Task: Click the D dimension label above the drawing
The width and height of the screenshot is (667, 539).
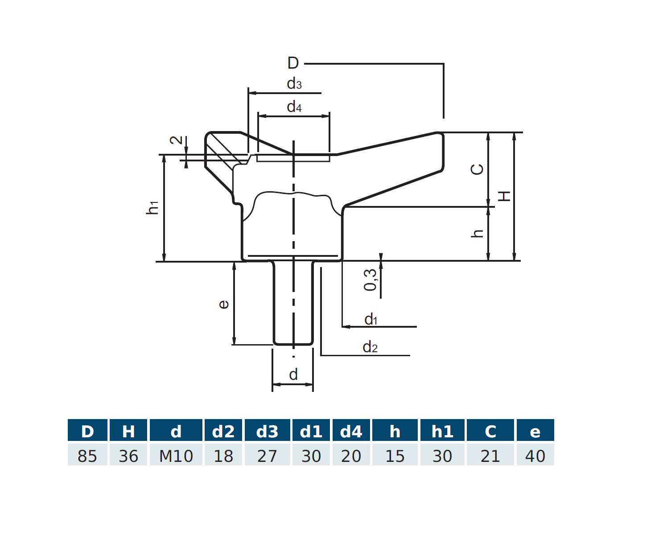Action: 293,63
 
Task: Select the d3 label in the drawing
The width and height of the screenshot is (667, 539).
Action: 294,83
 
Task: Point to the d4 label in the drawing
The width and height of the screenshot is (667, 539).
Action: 294,107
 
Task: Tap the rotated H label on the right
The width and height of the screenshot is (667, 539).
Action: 504,196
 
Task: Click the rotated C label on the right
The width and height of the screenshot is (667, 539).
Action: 477,169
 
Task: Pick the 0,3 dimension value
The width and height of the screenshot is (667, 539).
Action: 370,280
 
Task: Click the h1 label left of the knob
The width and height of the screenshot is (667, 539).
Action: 152,207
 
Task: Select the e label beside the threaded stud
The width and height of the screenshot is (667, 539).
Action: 223,304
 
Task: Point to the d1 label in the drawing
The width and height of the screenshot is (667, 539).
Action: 371,319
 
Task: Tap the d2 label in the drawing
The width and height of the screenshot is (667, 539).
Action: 370,347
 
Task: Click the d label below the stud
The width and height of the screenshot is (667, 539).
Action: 293,374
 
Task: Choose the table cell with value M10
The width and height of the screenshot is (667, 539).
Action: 176,456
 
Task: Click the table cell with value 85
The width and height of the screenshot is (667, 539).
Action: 87,456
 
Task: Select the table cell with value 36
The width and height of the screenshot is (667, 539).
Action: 128,456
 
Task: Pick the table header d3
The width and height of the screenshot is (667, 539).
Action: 267,431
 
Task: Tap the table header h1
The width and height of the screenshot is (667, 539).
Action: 442,431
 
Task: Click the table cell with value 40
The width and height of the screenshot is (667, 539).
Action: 535,456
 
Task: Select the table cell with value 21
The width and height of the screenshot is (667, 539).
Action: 490,456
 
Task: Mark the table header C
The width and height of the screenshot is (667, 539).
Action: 490,431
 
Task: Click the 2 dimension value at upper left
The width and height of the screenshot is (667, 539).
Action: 177,140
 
